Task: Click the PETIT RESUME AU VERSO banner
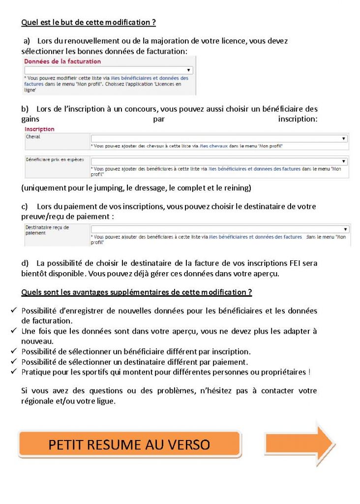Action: pos(129,444)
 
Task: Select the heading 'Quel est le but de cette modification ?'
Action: pos(89,23)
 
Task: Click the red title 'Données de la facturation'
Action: pos(62,62)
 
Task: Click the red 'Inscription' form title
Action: pos(39,129)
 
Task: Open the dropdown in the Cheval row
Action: pos(219,139)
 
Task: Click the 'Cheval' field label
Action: pos(33,136)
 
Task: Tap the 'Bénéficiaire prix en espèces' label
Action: pos(55,159)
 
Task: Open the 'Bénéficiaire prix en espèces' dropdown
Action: pos(219,161)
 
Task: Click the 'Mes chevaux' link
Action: pos(210,146)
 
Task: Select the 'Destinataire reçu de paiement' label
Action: pos(47,230)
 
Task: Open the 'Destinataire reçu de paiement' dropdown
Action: pos(219,229)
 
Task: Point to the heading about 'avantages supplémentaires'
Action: pos(136,292)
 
